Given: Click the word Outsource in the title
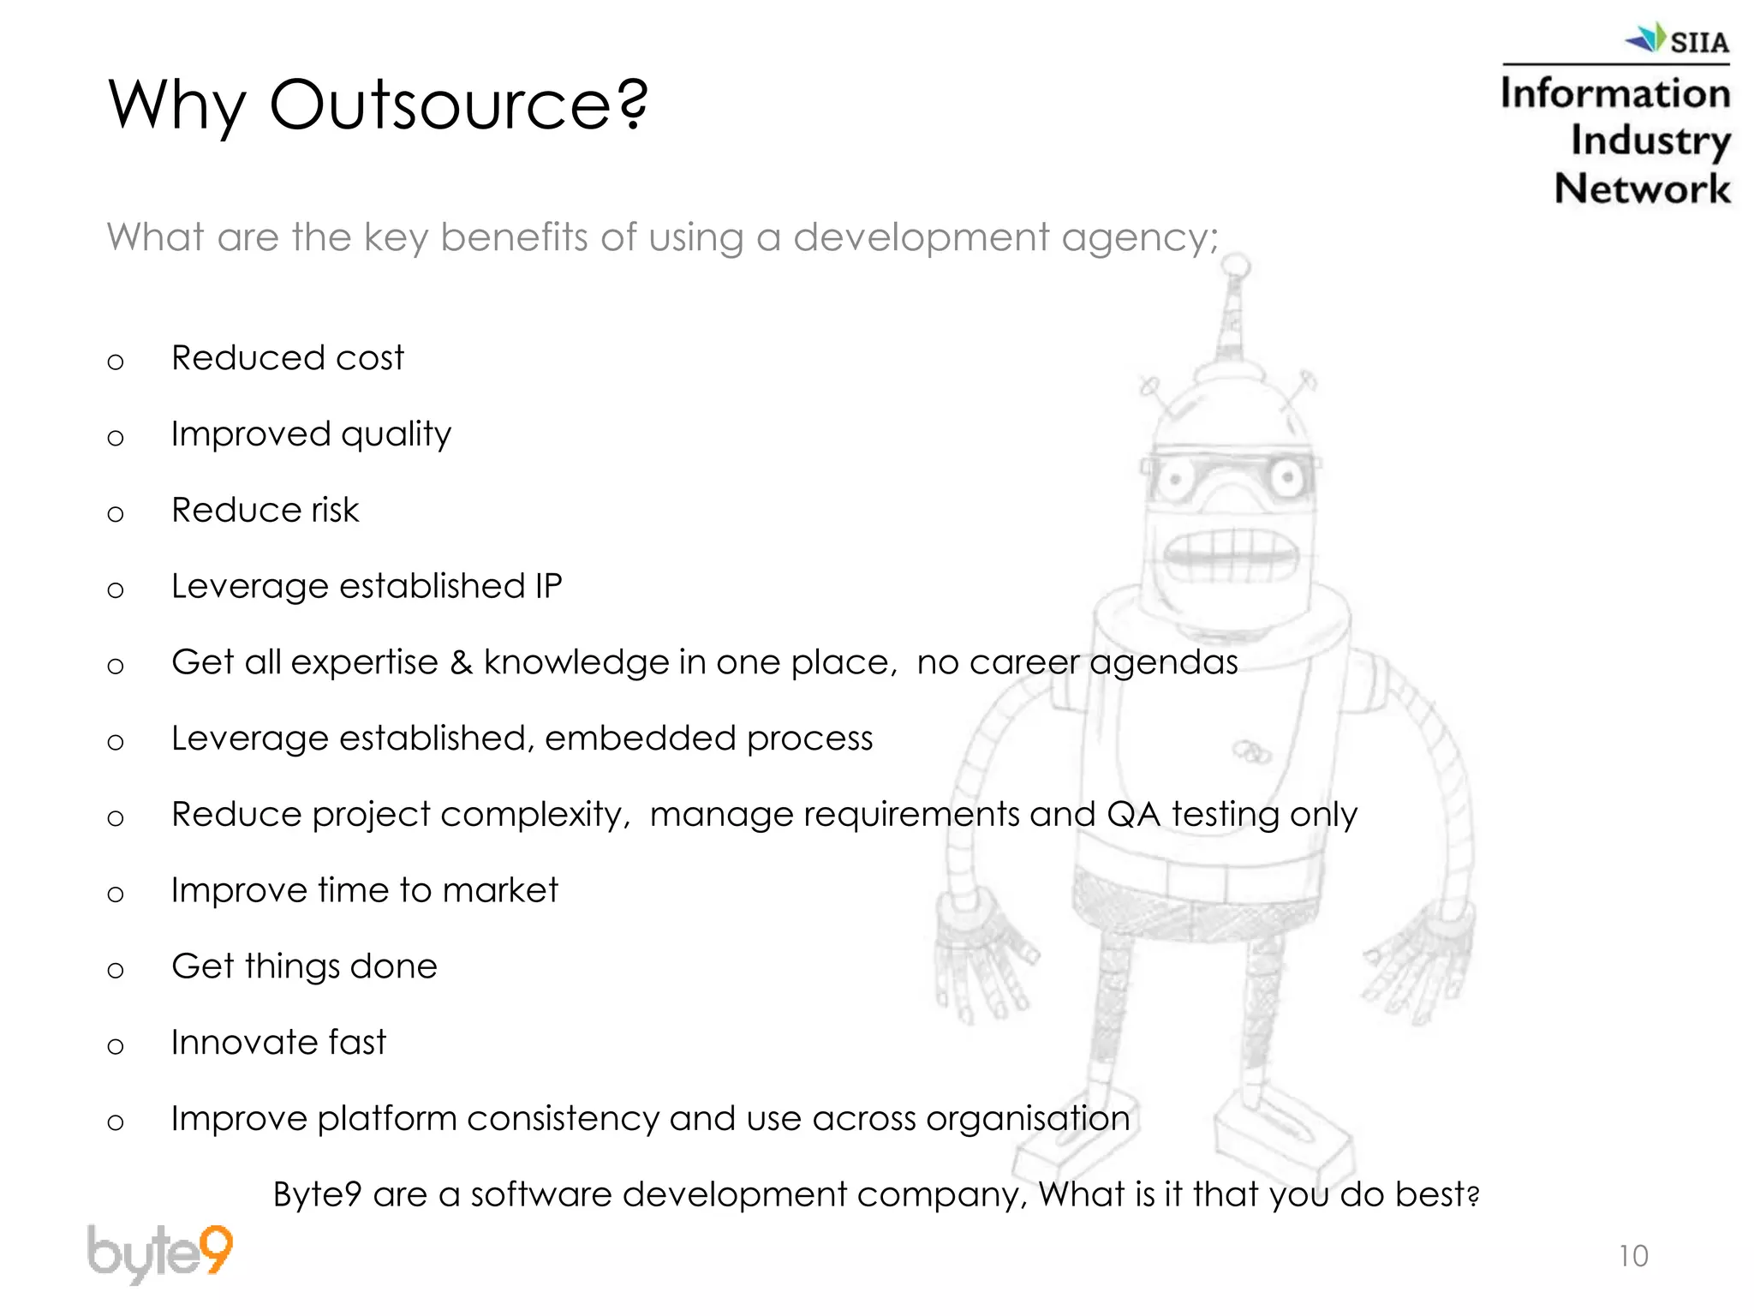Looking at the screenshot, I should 458,105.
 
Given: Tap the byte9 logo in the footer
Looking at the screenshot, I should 160,1253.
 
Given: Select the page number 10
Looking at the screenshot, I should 1633,1256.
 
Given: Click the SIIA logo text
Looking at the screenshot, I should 1698,42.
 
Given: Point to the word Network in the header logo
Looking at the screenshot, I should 1642,188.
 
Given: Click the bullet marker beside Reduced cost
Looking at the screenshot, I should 116,362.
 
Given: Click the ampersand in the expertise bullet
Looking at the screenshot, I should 461,662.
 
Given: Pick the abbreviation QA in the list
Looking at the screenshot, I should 1133,814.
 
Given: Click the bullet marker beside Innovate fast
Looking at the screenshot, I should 116,1046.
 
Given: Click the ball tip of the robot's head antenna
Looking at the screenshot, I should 1237,267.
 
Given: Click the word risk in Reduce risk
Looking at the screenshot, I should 335,511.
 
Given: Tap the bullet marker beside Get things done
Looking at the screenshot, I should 116,970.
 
